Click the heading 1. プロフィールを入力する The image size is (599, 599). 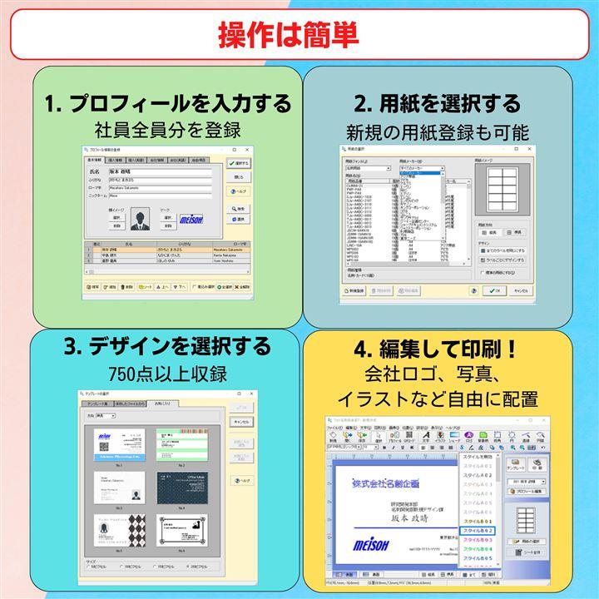coord(168,104)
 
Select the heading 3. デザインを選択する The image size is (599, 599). coord(168,344)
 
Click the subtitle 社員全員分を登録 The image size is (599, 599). coord(168,130)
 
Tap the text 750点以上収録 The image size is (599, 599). coord(168,371)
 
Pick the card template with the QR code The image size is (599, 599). coord(117,444)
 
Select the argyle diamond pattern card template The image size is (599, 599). coord(117,532)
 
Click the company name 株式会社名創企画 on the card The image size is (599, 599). coord(385,482)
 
